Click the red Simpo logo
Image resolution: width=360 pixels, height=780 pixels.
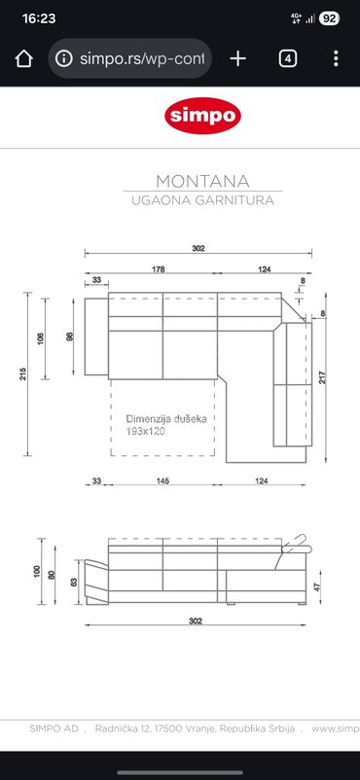pos(202,116)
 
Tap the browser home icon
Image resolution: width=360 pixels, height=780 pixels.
pos(23,58)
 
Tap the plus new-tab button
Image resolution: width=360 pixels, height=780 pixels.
pos(238,58)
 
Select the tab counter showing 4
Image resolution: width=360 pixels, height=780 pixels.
pos(288,58)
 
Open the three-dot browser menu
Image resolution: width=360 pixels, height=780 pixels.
pos(336,58)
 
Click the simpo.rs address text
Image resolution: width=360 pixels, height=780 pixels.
pos(142,59)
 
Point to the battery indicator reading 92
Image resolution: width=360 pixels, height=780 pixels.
pos(329,18)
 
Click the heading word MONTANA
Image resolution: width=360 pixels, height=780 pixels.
pos(202,181)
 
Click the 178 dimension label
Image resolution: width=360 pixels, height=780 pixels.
pos(158,269)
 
